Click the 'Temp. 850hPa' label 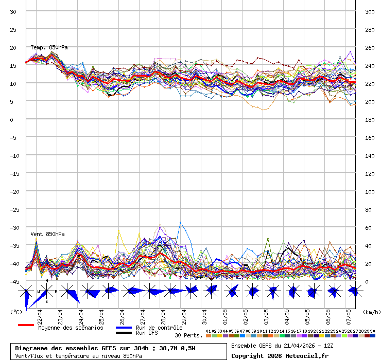(49, 47)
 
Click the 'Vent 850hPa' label (47, 234)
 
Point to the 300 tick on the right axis (369, 11)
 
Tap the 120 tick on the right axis (369, 173)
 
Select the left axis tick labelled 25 (13, 29)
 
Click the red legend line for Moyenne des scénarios (26, 325)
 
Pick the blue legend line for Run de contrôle (124, 328)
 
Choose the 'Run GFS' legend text (147, 333)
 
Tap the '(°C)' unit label (16, 312)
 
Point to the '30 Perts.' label (188, 335)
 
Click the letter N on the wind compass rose (47, 281)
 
